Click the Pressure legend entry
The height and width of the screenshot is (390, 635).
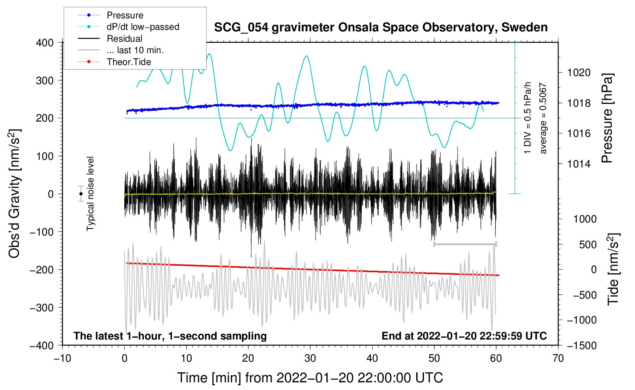click(111, 15)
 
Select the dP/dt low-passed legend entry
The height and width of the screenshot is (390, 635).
click(129, 27)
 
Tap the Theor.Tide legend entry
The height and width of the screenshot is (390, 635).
click(114, 62)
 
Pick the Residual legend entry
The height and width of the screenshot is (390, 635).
click(110, 39)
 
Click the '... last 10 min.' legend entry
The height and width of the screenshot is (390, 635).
click(121, 50)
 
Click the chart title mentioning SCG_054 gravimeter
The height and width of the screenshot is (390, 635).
click(381, 28)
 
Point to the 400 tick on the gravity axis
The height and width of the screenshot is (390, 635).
click(45, 43)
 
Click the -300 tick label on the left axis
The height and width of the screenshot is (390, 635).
click(42, 308)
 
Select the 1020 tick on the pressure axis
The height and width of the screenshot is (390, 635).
click(579, 73)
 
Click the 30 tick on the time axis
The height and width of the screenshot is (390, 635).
click(310, 359)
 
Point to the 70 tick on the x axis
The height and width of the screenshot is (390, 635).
click(558, 359)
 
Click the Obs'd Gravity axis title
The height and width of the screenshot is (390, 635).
click(14, 193)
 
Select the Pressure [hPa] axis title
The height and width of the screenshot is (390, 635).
click(607, 118)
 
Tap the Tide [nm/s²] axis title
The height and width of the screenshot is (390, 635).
click(614, 269)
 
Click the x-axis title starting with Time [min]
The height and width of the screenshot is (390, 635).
click(310, 378)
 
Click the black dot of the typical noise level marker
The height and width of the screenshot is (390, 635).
click(81, 194)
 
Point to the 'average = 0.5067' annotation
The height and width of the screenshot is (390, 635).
click(542, 118)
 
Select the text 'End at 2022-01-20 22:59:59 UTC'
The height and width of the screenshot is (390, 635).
click(464, 336)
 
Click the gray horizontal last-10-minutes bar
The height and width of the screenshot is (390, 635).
click(465, 244)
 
